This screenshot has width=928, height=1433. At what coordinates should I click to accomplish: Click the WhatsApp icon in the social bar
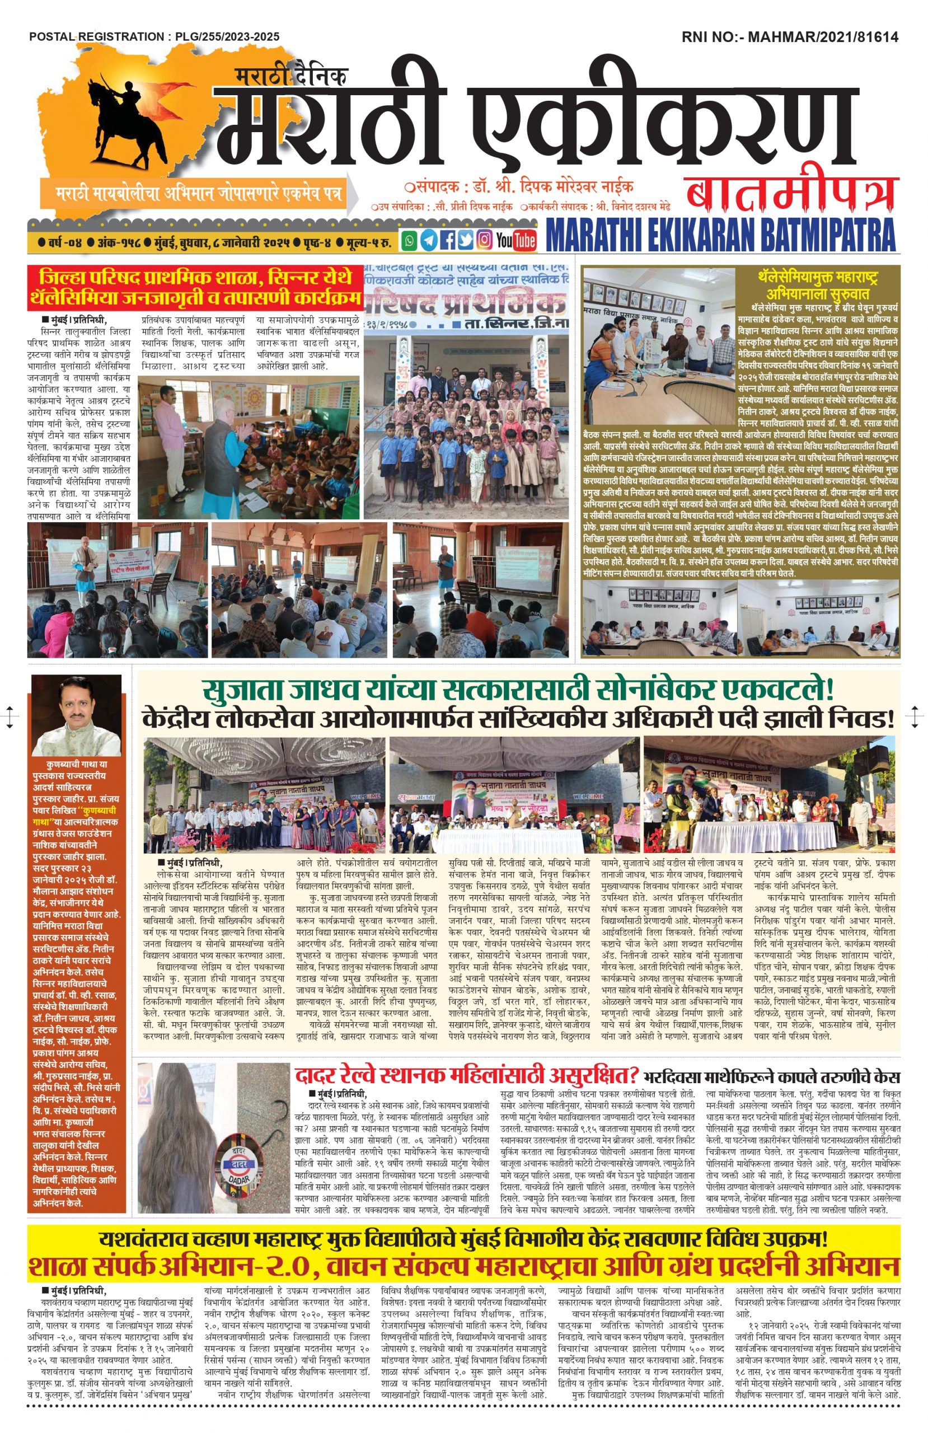click(410, 241)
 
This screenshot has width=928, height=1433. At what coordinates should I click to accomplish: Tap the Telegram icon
click(428, 241)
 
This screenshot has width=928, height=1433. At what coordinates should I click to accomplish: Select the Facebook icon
click(447, 241)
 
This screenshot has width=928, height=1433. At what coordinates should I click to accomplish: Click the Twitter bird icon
click(465, 241)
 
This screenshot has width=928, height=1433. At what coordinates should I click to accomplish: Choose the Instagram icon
click(484, 241)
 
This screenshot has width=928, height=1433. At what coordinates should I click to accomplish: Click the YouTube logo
click(516, 241)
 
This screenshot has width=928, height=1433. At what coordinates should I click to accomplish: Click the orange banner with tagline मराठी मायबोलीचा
click(199, 194)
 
